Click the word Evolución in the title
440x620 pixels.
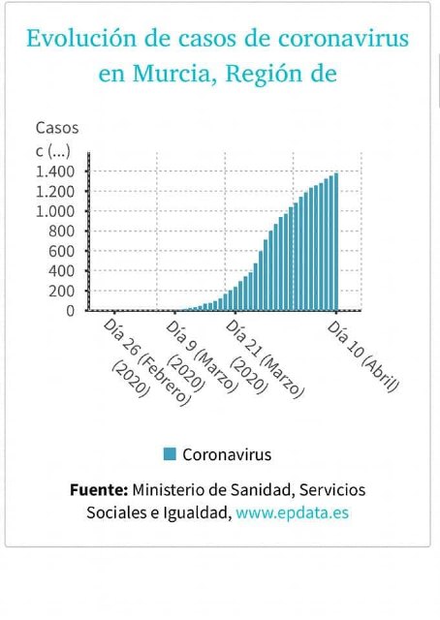[76, 40]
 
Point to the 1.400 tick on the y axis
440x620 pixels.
[55, 171]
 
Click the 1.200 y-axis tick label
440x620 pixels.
[55, 191]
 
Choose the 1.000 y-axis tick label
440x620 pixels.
[55, 211]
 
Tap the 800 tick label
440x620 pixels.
[61, 231]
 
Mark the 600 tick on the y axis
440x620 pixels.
[61, 251]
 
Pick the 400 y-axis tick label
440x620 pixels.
[61, 270]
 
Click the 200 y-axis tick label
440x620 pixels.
[61, 291]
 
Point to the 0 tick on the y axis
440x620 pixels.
[70, 310]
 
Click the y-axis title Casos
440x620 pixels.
[57, 128]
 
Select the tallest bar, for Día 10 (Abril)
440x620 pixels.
[335, 242]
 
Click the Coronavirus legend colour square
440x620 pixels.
[170, 453]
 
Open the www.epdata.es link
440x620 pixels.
[292, 512]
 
